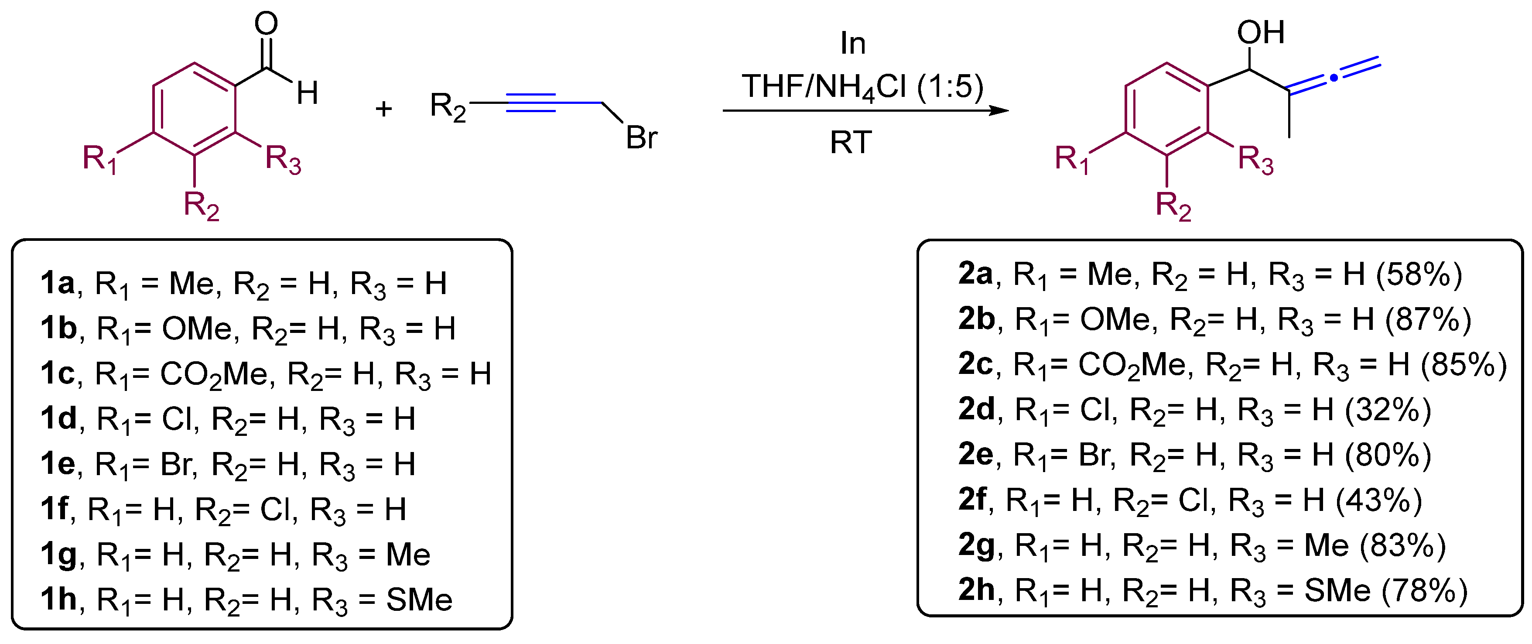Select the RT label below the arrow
coord(851,143)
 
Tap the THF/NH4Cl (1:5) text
coord(862,87)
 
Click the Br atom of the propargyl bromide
coord(641,138)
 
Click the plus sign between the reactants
coord(383,109)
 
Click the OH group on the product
coord(1260,33)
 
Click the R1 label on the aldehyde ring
coord(99,159)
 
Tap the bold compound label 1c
coord(58,373)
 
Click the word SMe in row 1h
coord(419,599)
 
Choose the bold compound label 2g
coord(976,545)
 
